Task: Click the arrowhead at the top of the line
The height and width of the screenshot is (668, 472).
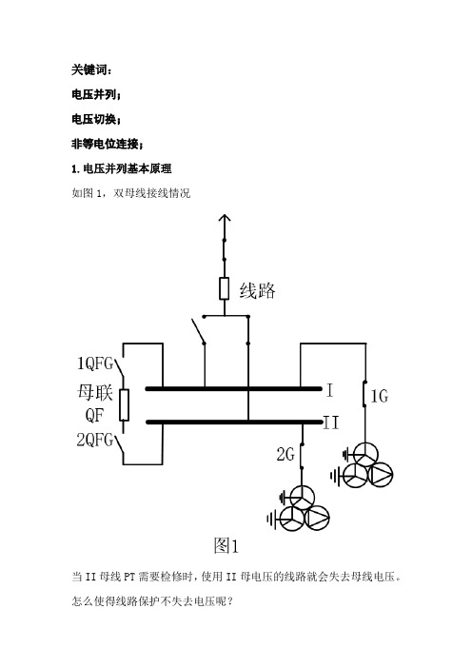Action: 225,218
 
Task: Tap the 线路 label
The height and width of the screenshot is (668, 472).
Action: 257,290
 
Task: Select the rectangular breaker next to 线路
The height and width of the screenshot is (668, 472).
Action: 224,288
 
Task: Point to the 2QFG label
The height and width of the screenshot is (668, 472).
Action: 94,440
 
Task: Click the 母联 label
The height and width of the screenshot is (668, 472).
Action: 94,392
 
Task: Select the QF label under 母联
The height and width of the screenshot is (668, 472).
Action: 93,415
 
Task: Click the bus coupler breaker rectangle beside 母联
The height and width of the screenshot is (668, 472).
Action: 124,404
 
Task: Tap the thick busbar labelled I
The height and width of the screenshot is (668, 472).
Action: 233,388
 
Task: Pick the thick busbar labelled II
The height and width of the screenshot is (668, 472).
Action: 234,422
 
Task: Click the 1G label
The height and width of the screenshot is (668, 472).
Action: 379,396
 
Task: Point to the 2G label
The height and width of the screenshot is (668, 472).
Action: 285,454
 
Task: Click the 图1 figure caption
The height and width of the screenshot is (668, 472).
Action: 226,545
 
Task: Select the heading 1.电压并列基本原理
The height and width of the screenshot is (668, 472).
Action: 122,168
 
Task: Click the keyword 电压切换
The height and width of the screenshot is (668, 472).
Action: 95,119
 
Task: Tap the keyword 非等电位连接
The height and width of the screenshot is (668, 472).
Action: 106,144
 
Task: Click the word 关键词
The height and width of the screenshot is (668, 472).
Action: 90,69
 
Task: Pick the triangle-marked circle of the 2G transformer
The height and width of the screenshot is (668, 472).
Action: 317,518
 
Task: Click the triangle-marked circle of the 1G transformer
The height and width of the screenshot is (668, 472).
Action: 380,474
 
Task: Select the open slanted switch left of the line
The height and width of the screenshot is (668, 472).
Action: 198,330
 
